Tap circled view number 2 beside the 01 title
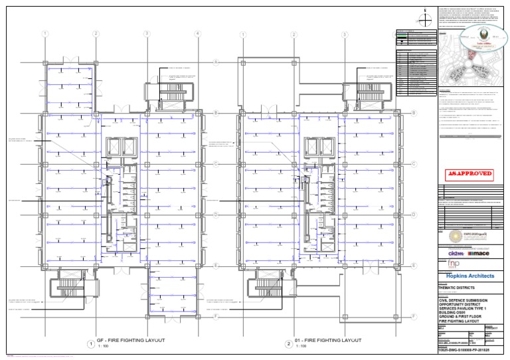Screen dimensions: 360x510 [x=289, y=344]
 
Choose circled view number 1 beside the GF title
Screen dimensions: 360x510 [x=90, y=344]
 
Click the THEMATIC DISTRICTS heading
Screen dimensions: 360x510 [x=458, y=288]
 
